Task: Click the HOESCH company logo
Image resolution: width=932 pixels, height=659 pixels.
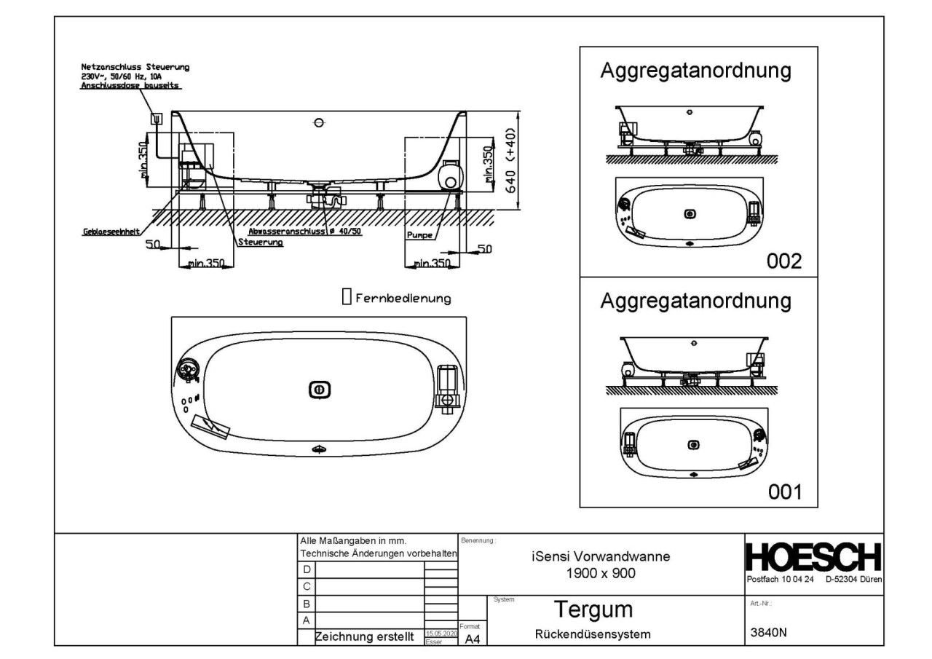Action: [x=814, y=559]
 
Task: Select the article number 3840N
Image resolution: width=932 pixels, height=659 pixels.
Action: [x=769, y=632]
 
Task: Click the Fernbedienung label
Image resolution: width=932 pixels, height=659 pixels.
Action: [x=403, y=298]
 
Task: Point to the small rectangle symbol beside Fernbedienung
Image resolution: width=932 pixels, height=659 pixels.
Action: [x=347, y=296]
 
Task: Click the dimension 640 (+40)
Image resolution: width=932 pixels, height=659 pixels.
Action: [x=511, y=162]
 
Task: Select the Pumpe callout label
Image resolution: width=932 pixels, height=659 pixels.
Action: [x=421, y=235]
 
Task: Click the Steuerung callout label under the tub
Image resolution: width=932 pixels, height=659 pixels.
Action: [x=261, y=242]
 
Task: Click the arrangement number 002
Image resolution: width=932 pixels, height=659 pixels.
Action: [x=785, y=261]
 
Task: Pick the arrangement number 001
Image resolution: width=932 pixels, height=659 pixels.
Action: [x=785, y=492]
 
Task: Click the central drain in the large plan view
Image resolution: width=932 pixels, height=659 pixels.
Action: [x=318, y=390]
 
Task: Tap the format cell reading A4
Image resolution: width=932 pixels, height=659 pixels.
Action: [x=473, y=639]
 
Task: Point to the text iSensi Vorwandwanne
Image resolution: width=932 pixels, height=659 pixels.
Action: [x=601, y=557]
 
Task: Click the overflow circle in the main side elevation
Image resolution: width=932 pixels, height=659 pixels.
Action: [x=318, y=122]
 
